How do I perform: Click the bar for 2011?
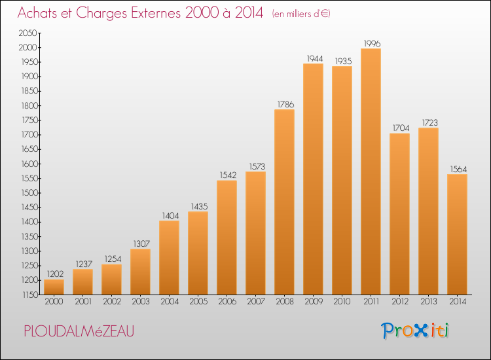point(371,171)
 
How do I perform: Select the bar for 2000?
point(54,287)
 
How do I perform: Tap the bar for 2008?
point(284,202)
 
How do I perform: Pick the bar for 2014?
point(457,234)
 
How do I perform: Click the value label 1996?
point(372,43)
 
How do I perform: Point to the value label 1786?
point(285,104)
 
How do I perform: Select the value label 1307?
point(141,243)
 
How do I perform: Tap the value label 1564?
point(458,169)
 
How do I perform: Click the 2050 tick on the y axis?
point(28,33)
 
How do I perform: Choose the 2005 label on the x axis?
point(198,302)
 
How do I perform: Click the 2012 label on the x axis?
point(400,302)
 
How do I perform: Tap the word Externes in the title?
point(156,12)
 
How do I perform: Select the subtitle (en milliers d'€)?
point(301,14)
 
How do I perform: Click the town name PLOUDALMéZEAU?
point(79,331)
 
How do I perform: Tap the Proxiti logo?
point(415,331)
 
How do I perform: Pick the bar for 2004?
point(169,258)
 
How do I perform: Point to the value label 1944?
point(315,58)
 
